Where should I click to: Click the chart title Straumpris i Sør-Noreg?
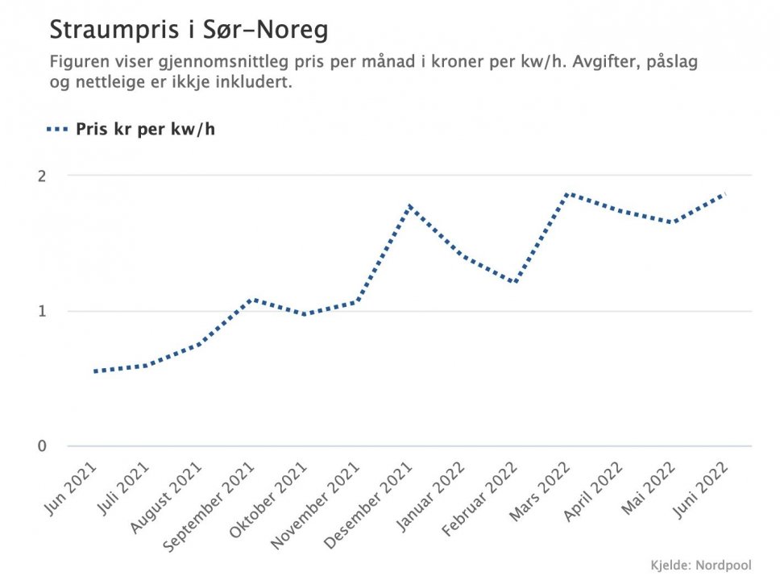pos(189,31)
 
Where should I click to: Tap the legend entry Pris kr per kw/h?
pos(145,129)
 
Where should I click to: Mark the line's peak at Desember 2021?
pos(411,206)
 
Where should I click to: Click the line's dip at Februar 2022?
pos(515,282)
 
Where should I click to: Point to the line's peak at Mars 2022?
pos(569,194)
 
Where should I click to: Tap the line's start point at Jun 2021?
pos(95,371)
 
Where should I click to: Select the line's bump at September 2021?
pos(252,300)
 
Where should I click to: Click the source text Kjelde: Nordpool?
pos(700,565)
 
